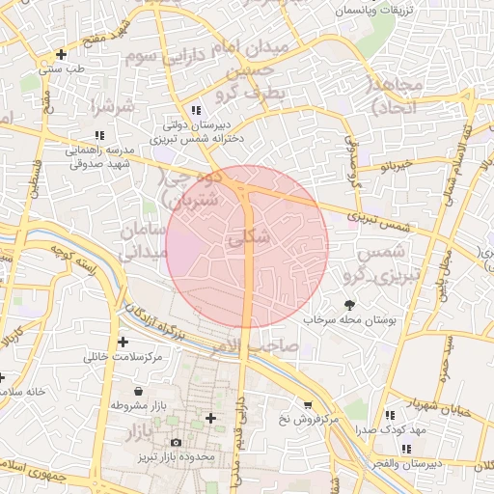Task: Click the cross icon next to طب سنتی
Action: point(63,54)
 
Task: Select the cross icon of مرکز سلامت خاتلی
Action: point(123,342)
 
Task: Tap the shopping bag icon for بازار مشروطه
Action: point(141,392)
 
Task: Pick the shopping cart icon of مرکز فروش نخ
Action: point(308,405)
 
